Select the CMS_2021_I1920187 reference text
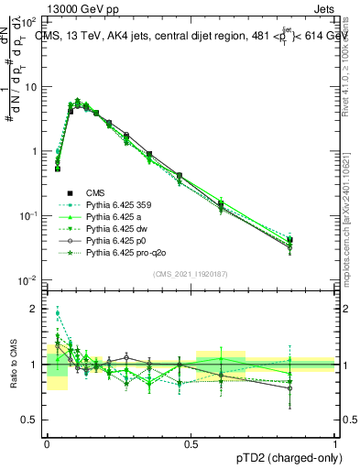191,274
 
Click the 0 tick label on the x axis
47,442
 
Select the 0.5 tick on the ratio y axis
31,420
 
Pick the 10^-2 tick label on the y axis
30,279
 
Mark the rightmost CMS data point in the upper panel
315,240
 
